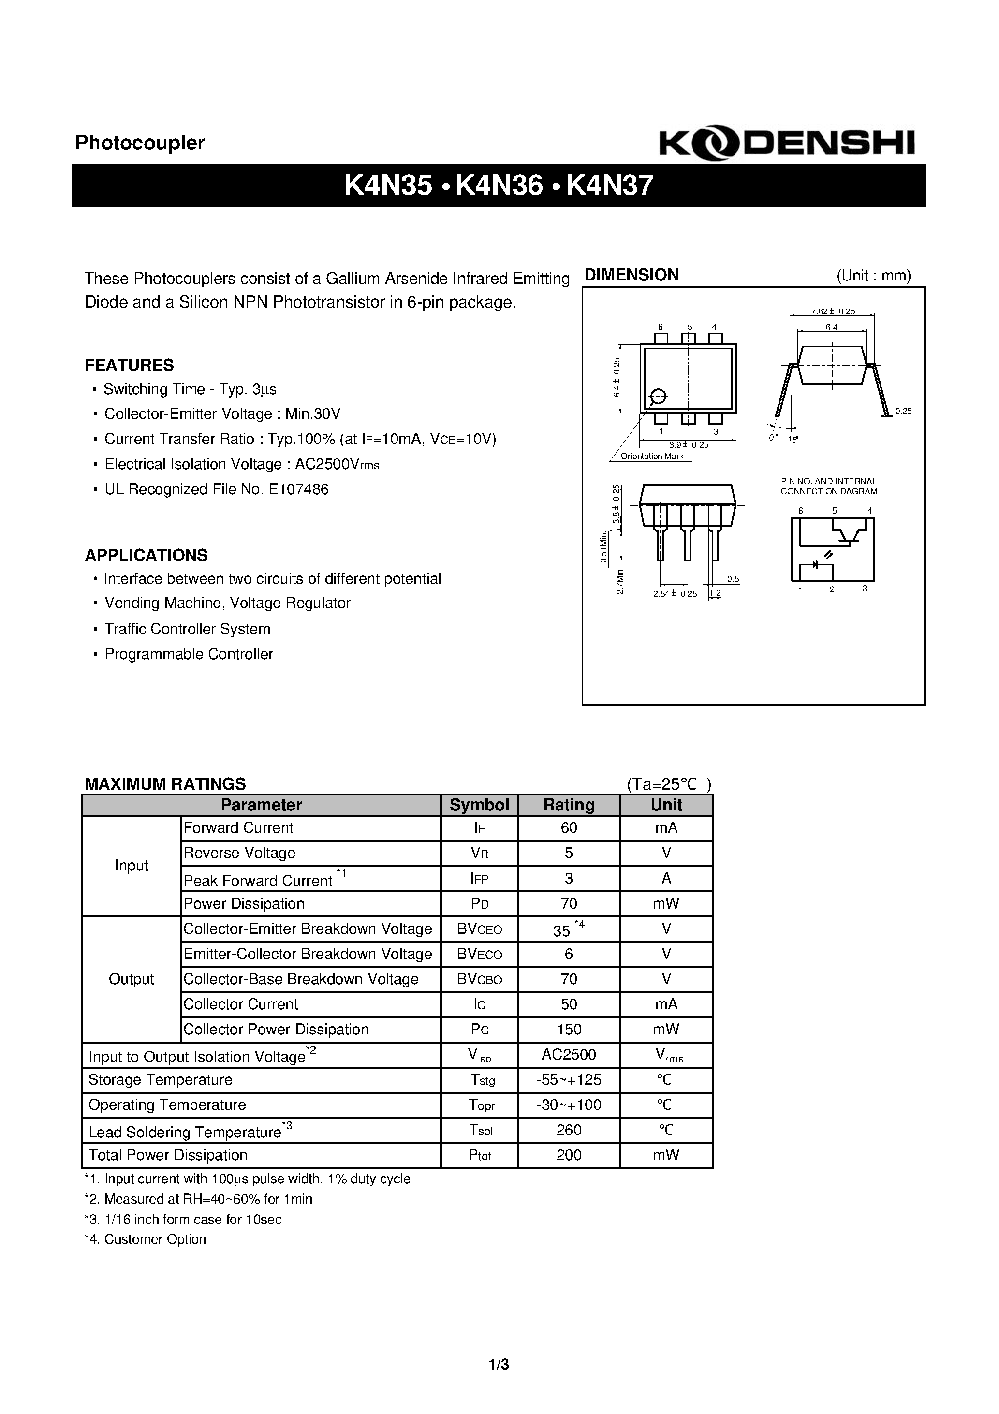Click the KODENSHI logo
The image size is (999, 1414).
(787, 144)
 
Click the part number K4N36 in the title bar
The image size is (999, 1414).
(499, 185)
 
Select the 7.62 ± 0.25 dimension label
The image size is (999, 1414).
(833, 311)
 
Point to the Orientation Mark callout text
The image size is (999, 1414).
(652, 457)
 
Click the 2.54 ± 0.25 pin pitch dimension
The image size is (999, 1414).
(675, 594)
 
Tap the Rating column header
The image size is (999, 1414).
(569, 805)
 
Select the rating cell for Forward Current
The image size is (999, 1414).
(569, 828)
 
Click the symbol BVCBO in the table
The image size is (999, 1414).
(479, 979)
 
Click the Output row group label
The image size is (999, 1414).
(131, 979)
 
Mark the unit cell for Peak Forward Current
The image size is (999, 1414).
(666, 878)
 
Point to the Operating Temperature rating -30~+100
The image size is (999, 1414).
(569, 1105)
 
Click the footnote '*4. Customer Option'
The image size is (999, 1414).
(146, 1239)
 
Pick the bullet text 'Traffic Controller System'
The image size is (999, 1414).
(187, 629)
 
